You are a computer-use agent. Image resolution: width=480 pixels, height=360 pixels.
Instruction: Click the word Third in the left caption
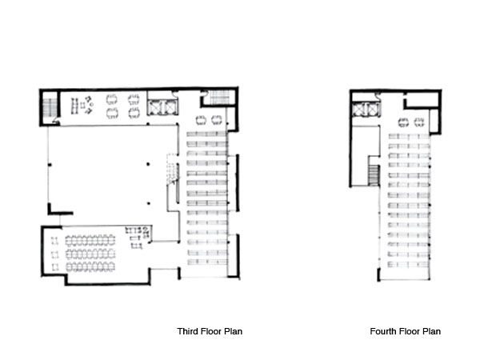coord(187,331)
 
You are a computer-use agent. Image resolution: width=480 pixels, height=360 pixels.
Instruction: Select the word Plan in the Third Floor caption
coord(234,331)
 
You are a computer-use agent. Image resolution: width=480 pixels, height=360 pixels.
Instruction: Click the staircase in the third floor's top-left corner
coord(50,108)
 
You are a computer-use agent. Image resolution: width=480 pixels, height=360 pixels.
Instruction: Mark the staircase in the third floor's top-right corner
coord(219,98)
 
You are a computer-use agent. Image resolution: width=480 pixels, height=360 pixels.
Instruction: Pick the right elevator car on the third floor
coord(170,107)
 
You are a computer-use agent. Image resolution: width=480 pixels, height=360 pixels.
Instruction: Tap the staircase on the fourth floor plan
coord(374,175)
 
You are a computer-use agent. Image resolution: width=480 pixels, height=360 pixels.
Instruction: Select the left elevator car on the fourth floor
coord(358,110)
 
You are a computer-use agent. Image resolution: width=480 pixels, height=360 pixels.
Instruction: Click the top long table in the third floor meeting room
coord(90,241)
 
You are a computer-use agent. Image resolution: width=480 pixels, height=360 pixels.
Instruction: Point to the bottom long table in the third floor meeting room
coord(90,266)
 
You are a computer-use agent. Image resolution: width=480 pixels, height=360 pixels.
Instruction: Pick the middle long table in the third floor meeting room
coord(90,254)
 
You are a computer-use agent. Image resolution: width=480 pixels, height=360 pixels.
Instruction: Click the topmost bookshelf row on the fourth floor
coord(409,137)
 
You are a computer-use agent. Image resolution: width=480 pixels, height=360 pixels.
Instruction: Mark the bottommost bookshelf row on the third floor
coord(207,262)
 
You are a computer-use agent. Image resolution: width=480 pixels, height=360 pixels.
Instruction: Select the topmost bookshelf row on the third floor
coord(207,134)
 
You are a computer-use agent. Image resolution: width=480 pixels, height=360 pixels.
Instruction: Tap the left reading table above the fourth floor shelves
coord(403,122)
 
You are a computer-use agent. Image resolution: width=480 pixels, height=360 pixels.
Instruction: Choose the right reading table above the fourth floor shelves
coord(419,122)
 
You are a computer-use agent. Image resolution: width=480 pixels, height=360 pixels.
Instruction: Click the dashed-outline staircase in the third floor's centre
coord(173,169)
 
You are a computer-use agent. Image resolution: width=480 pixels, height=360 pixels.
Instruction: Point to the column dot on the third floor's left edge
coord(50,165)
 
